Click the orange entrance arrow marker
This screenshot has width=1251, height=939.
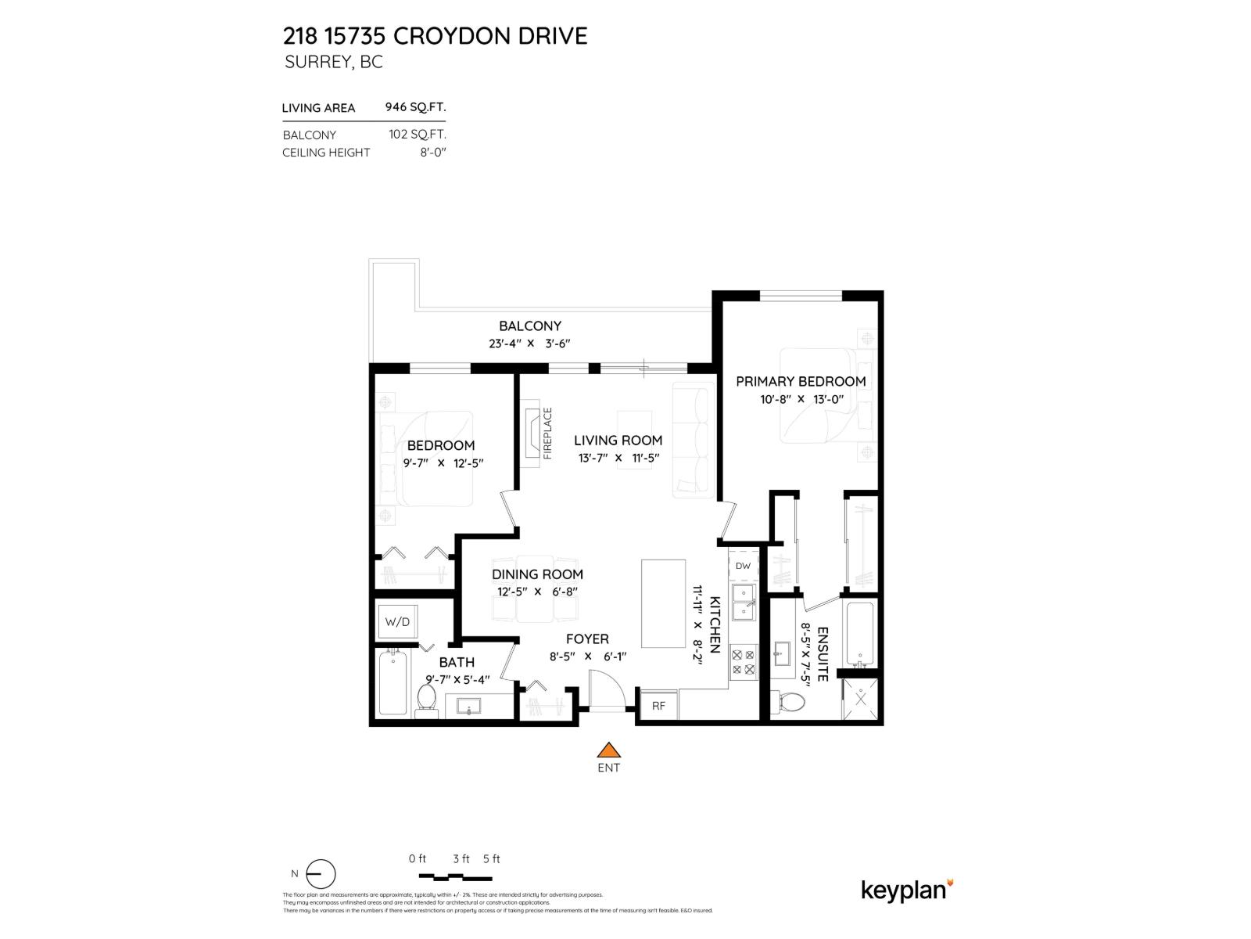tap(608, 750)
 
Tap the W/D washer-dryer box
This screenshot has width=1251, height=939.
tap(397, 622)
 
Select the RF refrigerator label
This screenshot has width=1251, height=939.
tap(658, 706)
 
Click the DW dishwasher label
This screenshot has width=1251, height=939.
tap(743, 566)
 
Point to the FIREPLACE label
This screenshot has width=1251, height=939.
tap(547, 433)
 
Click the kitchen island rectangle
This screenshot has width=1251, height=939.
tap(663, 603)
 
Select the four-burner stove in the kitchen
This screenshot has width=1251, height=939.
tap(743, 662)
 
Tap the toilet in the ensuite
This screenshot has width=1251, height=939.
tap(790, 702)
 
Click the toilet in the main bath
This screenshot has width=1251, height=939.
tap(427, 697)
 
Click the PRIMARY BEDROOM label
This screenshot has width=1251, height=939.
tap(801, 382)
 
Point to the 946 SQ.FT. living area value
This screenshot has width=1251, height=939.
tap(415, 108)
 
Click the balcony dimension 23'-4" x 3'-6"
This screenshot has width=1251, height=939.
tap(530, 344)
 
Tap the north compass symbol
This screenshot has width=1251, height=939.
tap(320, 874)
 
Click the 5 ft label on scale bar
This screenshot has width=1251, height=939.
tap(491, 858)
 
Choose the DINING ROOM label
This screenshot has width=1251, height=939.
tap(537, 574)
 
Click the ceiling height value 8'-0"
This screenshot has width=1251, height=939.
tap(432, 153)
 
